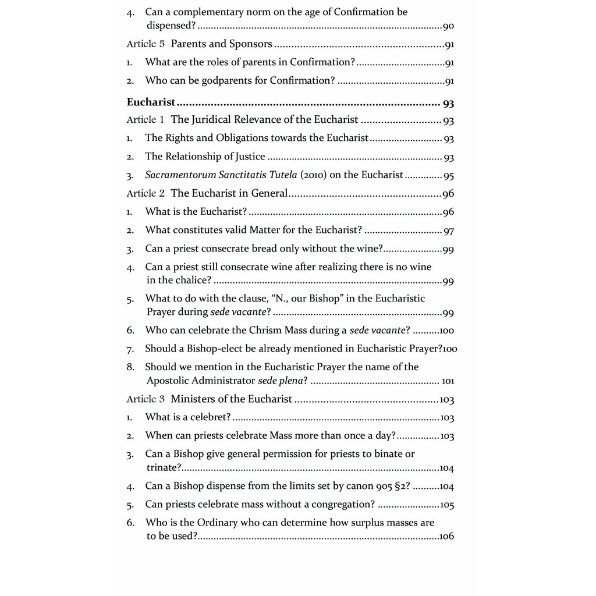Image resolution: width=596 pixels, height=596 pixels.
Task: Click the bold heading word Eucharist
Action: point(151,102)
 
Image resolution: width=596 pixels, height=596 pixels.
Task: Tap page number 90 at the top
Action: point(448,26)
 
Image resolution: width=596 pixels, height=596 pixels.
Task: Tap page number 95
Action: point(448,176)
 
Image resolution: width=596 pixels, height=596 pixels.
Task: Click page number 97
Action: point(448,231)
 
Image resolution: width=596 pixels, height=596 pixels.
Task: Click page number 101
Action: point(448,382)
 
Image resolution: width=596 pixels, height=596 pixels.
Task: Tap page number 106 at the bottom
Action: point(446,537)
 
